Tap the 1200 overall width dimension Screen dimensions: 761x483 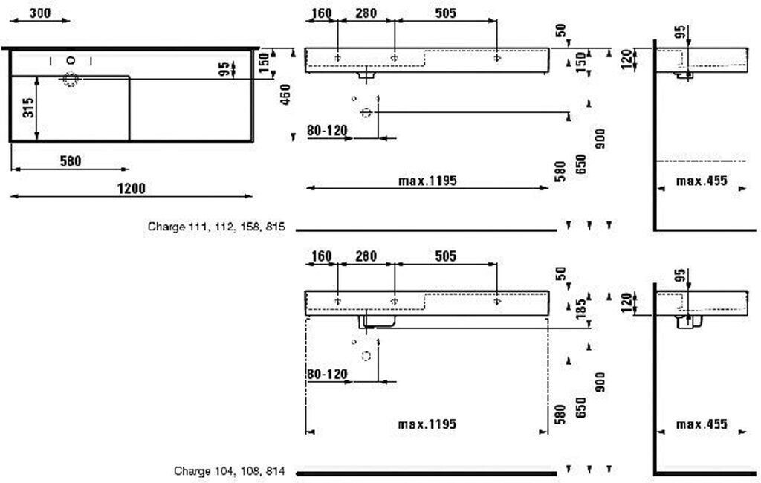coord(132,188)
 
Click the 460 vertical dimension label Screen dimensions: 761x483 coord(284,94)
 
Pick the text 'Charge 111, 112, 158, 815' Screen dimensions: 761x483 coord(217,227)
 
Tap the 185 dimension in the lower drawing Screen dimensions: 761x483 coord(582,307)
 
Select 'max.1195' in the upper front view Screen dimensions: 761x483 coord(427,181)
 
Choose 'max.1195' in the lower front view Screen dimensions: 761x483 coord(427,424)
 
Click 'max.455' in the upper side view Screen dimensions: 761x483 coord(702,181)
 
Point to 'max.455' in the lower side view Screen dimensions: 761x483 coord(702,424)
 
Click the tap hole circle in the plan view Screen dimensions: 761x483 coord(71,59)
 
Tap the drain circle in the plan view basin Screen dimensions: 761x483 coord(71,80)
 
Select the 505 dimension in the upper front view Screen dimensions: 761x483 coord(445,13)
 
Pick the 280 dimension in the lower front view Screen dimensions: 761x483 coord(366,256)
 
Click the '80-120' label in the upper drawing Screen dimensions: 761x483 coord(327,131)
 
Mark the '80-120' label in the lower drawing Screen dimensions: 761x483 coord(327,375)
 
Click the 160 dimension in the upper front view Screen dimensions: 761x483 coord(321,13)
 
